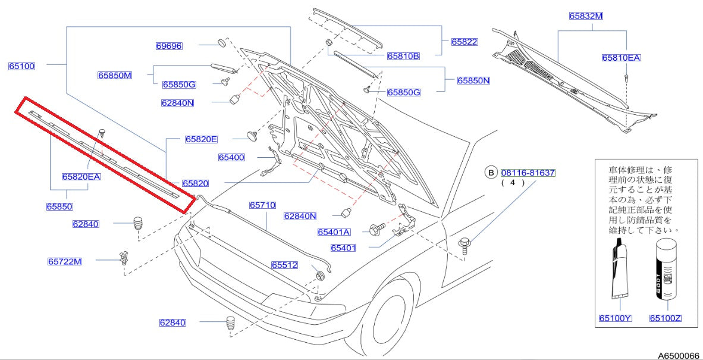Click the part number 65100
pos(21,66)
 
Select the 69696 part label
pos(169,45)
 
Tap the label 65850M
pos(115,76)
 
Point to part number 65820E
pos(200,139)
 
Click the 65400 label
pos(231,158)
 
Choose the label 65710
pos(262,205)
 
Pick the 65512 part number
pos(285,265)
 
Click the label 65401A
pos(334,232)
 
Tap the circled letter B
pos(491,173)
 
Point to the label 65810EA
pos(621,58)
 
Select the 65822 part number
pos(465,42)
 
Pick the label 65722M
pos(65,261)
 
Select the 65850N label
pos(473,80)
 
